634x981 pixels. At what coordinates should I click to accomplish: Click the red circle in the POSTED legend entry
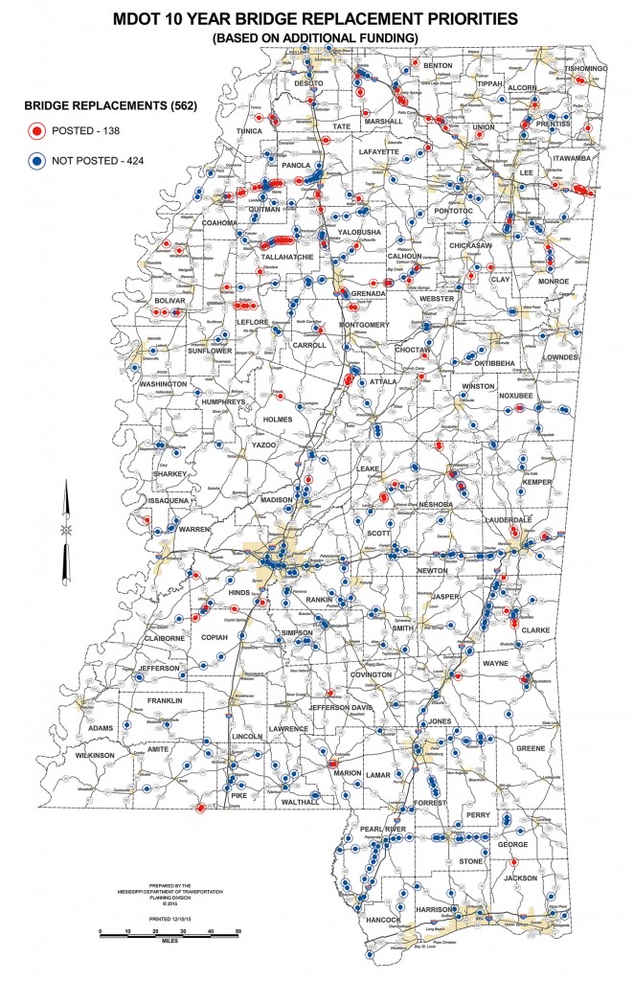pyautogui.click(x=37, y=131)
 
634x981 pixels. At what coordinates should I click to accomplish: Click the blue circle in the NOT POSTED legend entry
pyautogui.click(x=37, y=159)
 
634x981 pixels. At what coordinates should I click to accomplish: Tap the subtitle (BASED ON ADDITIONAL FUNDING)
pyautogui.click(x=317, y=37)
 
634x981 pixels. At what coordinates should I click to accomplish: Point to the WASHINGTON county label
pyautogui.click(x=164, y=383)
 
